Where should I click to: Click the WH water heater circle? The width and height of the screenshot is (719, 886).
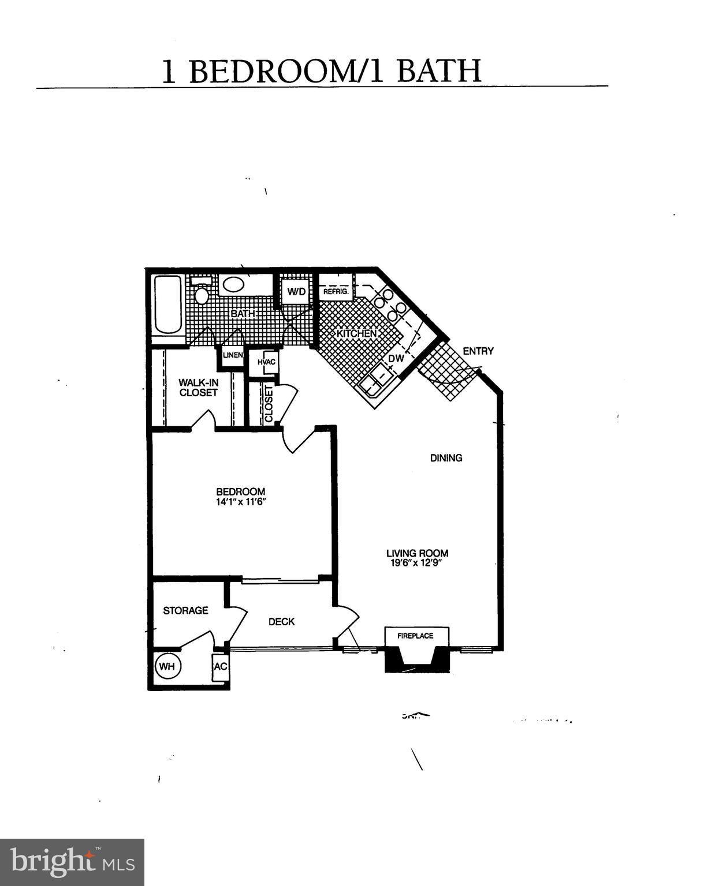[x=167, y=666]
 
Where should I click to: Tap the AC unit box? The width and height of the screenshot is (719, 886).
[x=221, y=667]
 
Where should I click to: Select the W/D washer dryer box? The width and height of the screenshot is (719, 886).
[x=296, y=291]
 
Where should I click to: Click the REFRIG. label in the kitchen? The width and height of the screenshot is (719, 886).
[x=336, y=292]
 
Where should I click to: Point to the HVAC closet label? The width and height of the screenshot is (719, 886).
[x=267, y=362]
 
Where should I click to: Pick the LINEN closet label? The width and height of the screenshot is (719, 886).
[x=233, y=355]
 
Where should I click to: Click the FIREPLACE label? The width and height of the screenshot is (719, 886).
[x=415, y=636]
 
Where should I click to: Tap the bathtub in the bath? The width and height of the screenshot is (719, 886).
[x=168, y=304]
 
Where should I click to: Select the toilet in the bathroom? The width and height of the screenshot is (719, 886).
[x=201, y=291]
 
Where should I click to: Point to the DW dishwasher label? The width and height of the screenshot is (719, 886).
[x=396, y=359]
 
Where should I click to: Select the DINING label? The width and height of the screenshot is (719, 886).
[x=446, y=458]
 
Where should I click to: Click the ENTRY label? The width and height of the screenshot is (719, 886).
[x=478, y=351]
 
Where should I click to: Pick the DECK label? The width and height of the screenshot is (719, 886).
[x=281, y=622]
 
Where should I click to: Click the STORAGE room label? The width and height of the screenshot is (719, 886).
[x=185, y=610]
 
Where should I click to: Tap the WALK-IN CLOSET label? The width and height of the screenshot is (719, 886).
[x=198, y=388]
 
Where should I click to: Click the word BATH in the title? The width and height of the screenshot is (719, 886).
[x=438, y=72]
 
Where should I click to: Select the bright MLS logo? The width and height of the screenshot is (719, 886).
[x=72, y=862]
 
